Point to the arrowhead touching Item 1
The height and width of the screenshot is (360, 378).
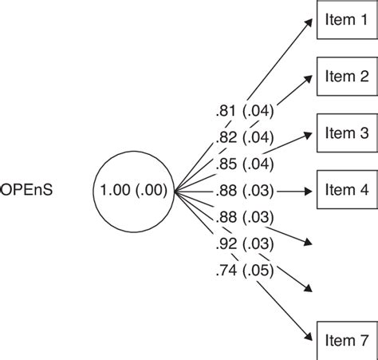[x=313, y=24]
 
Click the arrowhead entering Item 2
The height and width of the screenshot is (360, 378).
[x=313, y=78]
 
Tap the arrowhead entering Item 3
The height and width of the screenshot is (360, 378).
[x=313, y=135]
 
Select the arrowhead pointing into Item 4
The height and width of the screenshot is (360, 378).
[x=312, y=191]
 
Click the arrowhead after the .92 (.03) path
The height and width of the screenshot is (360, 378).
[x=312, y=287]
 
